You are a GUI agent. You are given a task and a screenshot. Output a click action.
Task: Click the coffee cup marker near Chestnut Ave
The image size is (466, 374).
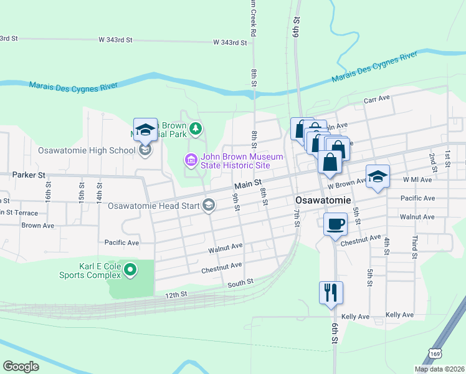pyautogui.click(x=335, y=224)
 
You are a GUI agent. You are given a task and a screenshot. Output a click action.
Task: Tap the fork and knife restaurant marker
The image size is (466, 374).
pyautogui.click(x=331, y=292)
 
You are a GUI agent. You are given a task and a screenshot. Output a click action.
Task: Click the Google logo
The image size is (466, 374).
pyautogui.click(x=21, y=367)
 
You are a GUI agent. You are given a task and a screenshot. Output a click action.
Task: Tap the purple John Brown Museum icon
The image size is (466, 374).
pyautogui.click(x=191, y=161)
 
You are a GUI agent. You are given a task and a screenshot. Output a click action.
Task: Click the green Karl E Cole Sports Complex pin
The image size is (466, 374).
pyautogui.click(x=130, y=270)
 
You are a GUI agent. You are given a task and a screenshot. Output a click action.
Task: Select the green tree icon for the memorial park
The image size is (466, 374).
pyautogui.click(x=196, y=128)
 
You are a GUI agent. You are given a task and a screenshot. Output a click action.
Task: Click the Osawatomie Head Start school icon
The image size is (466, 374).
pyautogui.click(x=209, y=205)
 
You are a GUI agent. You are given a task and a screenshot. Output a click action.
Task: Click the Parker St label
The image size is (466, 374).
pyautogui.click(x=29, y=176)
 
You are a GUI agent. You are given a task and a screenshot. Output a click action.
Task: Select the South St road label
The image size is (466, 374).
pyautogui.click(x=240, y=282)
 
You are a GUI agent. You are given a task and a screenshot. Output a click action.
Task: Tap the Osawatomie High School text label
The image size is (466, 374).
pyautogui.click(x=87, y=150)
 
